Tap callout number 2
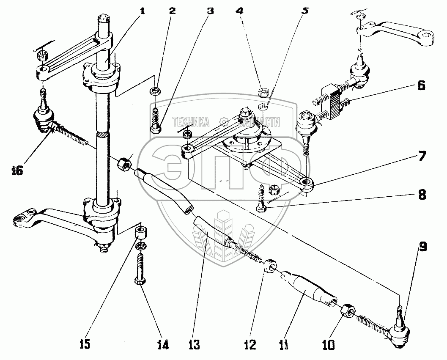click(x=172, y=11)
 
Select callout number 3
click(x=210, y=11)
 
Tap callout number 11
click(x=284, y=346)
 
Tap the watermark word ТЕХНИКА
click(x=191, y=122)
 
